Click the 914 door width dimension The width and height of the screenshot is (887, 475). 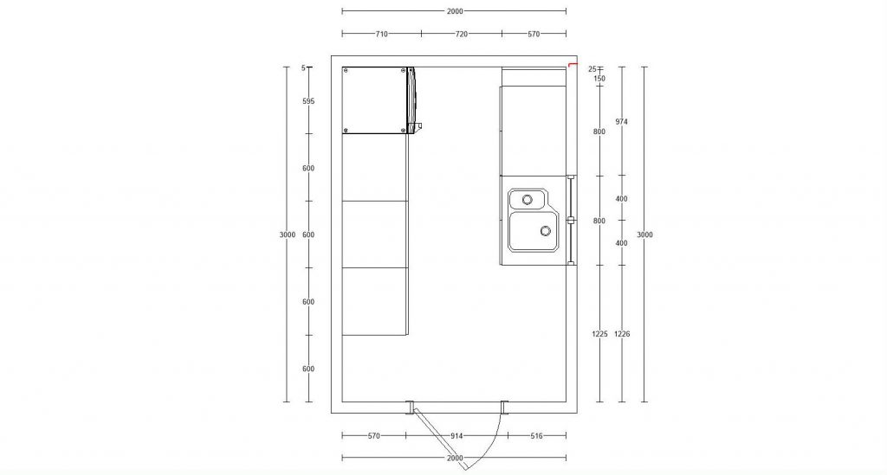(456, 436)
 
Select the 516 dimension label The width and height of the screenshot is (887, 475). (536, 436)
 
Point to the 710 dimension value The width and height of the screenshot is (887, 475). (381, 34)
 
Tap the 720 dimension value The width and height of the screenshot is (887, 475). (462, 34)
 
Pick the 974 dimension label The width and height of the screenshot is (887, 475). (621, 121)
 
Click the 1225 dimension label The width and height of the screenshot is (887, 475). (599, 334)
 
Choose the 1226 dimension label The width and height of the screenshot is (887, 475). (622, 334)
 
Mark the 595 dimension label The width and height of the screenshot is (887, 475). (308, 102)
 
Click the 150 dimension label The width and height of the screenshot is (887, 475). (599, 79)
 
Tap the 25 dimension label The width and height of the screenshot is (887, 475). (592, 69)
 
